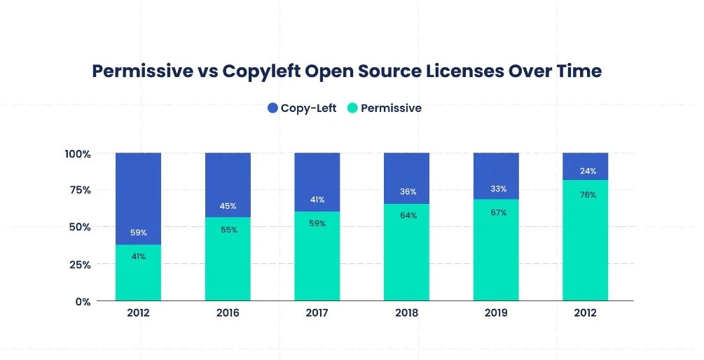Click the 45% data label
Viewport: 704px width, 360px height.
point(228,206)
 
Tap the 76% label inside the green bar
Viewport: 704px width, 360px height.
point(588,195)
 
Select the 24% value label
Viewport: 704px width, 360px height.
point(588,171)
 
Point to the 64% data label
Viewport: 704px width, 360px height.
point(408,215)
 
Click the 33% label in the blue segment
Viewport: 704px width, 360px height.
point(498,188)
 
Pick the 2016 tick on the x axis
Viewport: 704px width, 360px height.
point(228,313)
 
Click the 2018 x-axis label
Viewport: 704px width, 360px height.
point(406,313)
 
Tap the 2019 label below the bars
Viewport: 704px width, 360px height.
point(496,313)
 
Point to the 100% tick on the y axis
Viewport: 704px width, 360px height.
point(78,153)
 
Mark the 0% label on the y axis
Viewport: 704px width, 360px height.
point(83,302)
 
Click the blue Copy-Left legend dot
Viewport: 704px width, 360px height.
point(272,108)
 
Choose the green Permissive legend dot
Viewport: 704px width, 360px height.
point(352,108)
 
